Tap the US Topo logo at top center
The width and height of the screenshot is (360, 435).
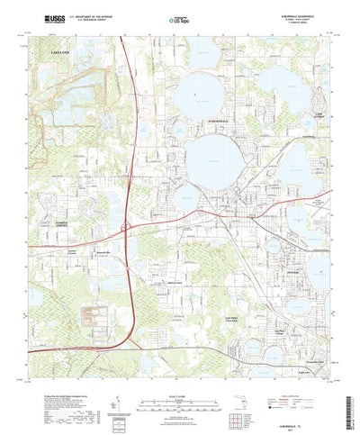point(181,19)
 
